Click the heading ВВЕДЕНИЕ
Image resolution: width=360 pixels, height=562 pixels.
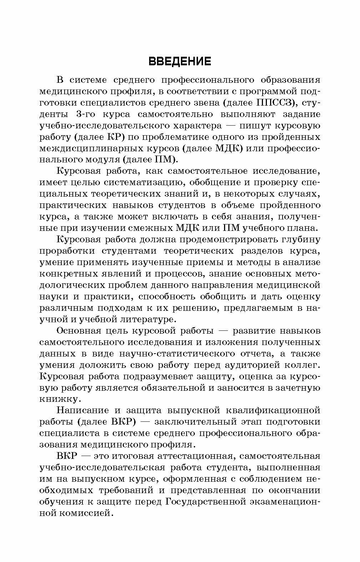pyautogui.click(x=180, y=61)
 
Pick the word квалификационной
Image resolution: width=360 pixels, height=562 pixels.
pyautogui.click(x=275, y=410)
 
